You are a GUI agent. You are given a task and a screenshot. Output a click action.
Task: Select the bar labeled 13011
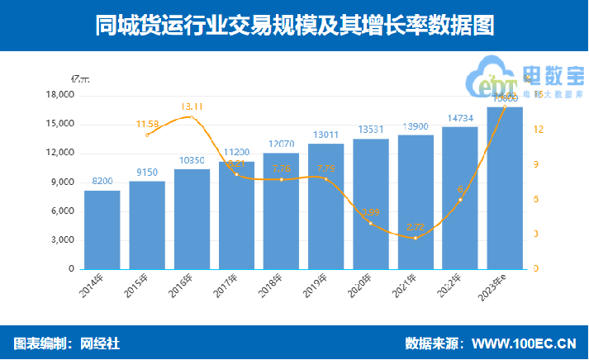[x=325, y=206]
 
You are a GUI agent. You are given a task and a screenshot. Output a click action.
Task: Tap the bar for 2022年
[x=460, y=198]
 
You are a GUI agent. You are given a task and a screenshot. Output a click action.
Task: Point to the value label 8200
[x=102, y=181]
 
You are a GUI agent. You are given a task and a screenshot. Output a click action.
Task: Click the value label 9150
[x=147, y=172]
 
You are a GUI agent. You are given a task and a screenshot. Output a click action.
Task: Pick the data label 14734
[x=460, y=118]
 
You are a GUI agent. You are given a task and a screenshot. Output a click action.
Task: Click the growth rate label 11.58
[x=149, y=124]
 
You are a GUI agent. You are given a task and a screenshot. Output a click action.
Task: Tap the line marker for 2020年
[x=371, y=224]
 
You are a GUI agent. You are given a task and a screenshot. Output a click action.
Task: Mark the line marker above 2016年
[x=192, y=117]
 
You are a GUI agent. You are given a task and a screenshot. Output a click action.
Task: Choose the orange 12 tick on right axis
[x=538, y=130]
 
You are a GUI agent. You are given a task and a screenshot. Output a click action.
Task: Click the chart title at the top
[x=294, y=26]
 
